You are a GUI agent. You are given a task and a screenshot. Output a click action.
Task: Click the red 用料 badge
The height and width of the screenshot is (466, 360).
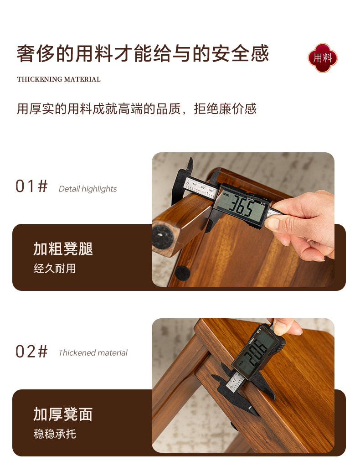pyautogui.click(x=322, y=57)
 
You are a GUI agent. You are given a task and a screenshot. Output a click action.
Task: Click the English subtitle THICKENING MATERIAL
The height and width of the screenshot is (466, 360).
pyautogui.click(x=59, y=79)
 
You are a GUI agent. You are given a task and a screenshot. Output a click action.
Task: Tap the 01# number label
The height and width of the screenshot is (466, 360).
pyautogui.click(x=31, y=186)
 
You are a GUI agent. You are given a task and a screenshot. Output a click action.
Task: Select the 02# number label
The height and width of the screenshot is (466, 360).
pyautogui.click(x=31, y=352)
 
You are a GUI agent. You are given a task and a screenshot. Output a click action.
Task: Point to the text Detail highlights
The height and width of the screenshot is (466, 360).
pyautogui.click(x=87, y=189)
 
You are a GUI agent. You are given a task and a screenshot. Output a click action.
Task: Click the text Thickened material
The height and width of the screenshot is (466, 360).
pyautogui.click(x=93, y=353)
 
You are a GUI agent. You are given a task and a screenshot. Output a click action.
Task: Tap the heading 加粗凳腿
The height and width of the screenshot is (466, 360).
pyautogui.click(x=63, y=249)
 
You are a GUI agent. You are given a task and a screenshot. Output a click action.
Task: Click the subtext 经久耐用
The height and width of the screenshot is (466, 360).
pyautogui.click(x=55, y=269)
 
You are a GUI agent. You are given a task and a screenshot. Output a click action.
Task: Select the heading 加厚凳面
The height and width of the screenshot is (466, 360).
pyautogui.click(x=63, y=414)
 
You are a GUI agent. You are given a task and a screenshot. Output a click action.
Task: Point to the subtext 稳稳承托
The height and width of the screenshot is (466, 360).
pyautogui.click(x=55, y=434)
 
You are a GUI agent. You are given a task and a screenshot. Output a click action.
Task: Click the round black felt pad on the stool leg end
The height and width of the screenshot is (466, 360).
pyautogui.click(x=163, y=237)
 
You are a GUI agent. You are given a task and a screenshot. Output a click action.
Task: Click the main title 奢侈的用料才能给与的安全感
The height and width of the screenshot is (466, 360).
pyautogui.click(x=143, y=54)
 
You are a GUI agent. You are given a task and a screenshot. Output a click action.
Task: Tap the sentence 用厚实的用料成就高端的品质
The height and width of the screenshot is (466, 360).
pyautogui.click(x=99, y=109)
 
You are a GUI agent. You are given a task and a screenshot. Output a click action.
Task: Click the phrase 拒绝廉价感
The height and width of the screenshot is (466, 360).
pyautogui.click(x=225, y=109)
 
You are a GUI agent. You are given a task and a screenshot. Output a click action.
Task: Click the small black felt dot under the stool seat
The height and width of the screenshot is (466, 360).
pyautogui.click(x=182, y=273)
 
